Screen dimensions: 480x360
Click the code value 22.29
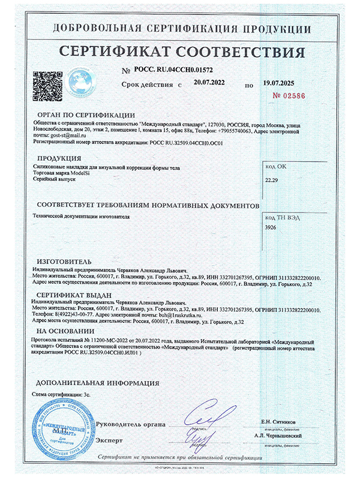[x=272, y=179]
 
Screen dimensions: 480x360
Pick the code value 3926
[x=271, y=228]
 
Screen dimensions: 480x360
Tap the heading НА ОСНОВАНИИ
[x=65, y=331]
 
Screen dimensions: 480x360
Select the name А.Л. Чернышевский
[x=278, y=435]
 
